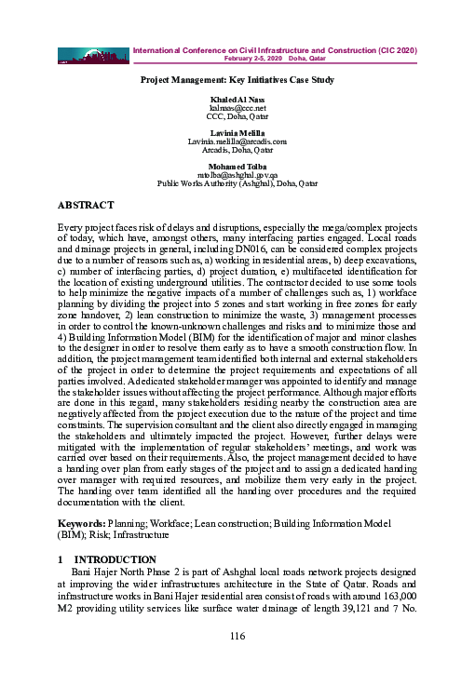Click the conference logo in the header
coord(93,55)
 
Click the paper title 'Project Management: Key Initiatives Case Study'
coord(237,80)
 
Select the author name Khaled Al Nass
coord(237,101)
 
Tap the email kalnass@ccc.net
coord(237,110)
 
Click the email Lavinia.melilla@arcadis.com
coord(237,140)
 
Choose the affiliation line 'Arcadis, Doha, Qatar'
coord(237,148)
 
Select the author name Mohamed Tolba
coord(237,166)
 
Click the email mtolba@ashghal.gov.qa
coord(237,174)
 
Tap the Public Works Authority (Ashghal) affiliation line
coord(237,182)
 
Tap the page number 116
coord(237,635)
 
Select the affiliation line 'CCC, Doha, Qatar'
coord(237,118)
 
